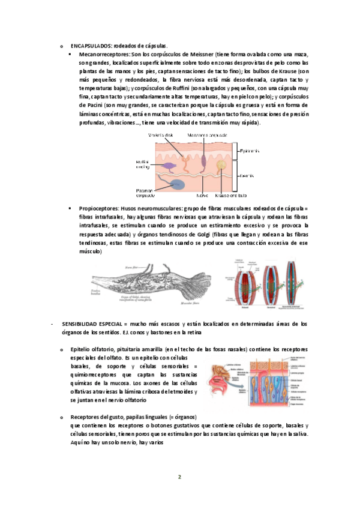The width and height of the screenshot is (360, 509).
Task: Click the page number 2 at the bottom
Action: (179, 477)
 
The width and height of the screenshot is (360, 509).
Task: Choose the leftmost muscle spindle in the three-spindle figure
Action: (236, 282)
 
